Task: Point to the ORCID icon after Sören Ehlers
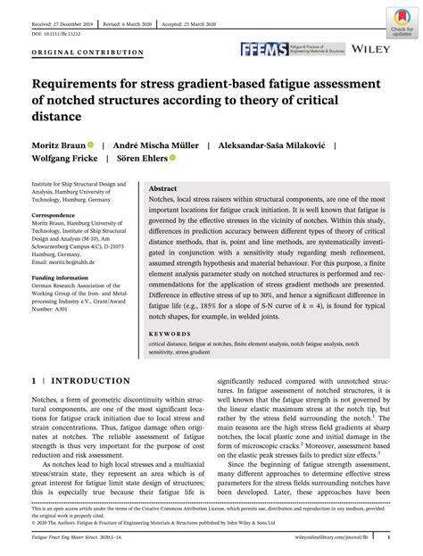click(x=172, y=161)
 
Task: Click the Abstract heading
click(x=162, y=189)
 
